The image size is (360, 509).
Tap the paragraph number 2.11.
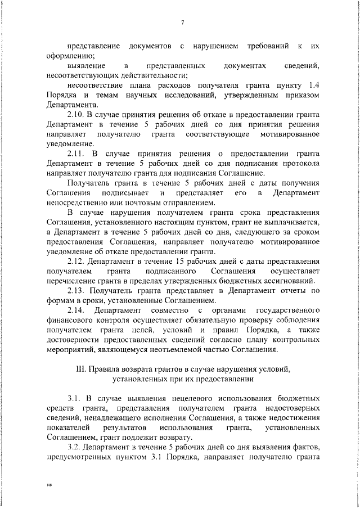coord(75,154)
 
